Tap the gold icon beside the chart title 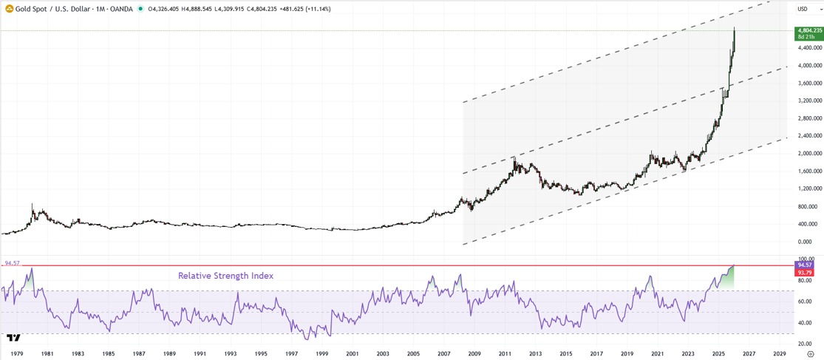[x=9, y=9]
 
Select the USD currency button [x=802, y=9]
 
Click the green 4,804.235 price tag [x=808, y=30]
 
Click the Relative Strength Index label [x=225, y=276]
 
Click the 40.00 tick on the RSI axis [x=803, y=323]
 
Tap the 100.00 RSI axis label [x=803, y=258]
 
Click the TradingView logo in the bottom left [x=13, y=338]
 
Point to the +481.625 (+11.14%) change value [x=302, y=9]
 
